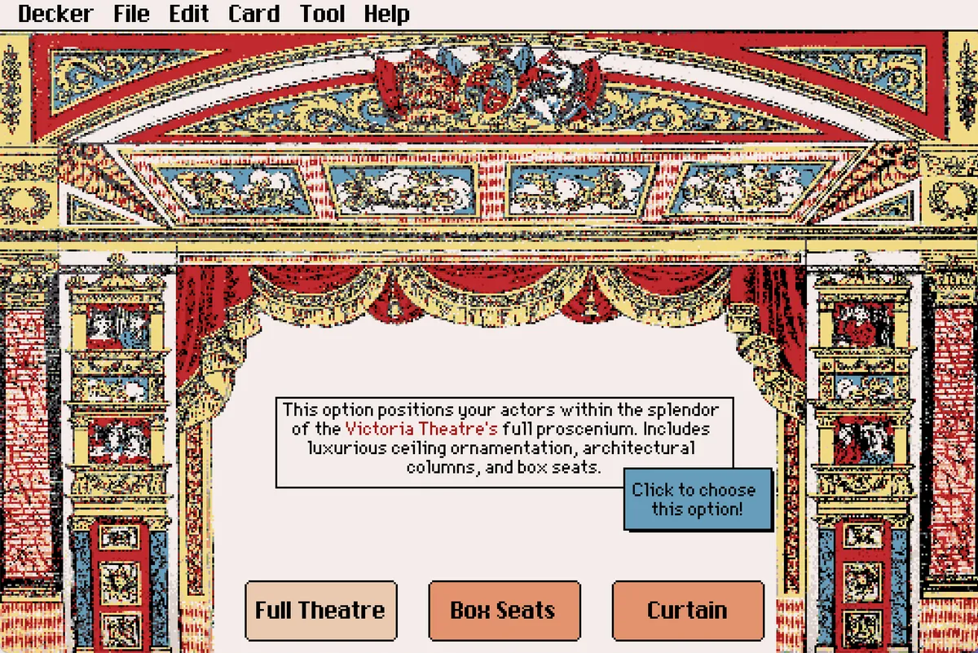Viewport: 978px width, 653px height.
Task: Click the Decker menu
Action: (55, 14)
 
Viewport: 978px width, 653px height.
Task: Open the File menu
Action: (132, 14)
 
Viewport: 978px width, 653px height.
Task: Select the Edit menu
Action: (189, 14)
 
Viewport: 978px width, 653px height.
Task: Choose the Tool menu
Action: (323, 14)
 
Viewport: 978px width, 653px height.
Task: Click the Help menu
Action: (386, 14)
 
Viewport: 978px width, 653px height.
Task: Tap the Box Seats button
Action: (504, 610)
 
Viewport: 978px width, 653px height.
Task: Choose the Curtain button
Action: (687, 610)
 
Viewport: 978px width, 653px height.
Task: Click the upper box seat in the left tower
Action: (118, 326)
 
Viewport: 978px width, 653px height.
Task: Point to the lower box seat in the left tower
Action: (118, 440)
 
